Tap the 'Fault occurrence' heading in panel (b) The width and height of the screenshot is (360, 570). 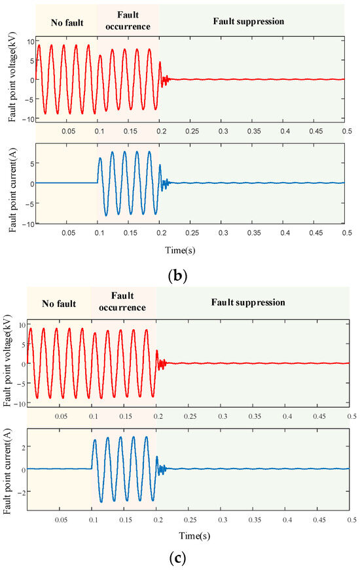click(128, 21)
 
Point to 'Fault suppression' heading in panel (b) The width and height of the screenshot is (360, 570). click(249, 22)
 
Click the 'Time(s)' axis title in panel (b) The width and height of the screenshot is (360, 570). click(190, 249)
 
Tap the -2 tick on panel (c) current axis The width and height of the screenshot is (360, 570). click(21, 491)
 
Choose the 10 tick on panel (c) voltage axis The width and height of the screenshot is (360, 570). click(22, 325)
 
